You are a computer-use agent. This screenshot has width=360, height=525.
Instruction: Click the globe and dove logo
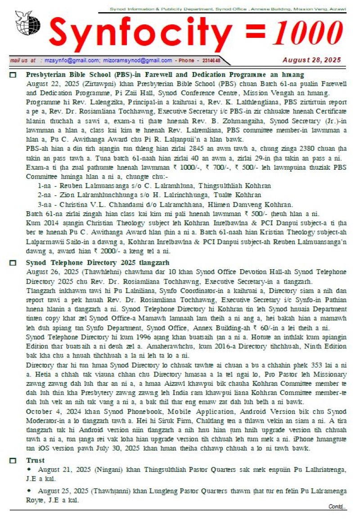[27, 23]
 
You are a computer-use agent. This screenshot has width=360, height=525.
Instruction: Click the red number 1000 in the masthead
[307, 34]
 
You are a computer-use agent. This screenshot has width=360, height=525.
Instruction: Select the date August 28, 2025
[311, 60]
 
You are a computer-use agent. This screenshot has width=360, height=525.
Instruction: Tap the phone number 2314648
[211, 60]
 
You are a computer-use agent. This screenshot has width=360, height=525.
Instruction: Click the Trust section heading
[35, 461]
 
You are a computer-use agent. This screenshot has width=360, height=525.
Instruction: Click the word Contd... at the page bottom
[337, 507]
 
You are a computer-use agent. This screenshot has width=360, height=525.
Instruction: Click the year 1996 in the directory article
[135, 337]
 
